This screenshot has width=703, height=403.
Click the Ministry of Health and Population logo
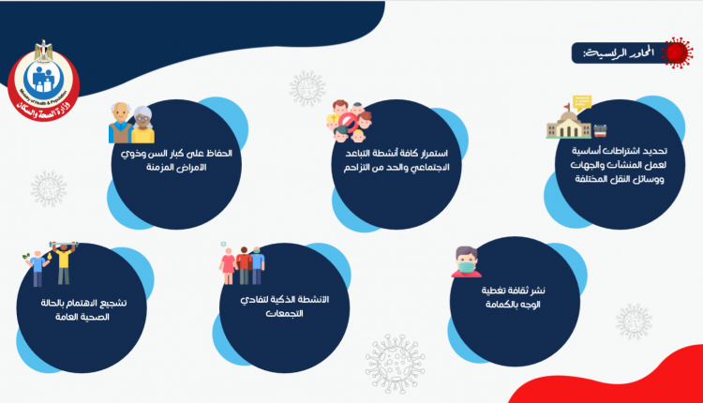click(43, 82)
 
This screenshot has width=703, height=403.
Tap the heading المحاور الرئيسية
click(619, 52)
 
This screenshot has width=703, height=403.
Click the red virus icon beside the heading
click(677, 52)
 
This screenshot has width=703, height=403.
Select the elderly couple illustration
click(131, 123)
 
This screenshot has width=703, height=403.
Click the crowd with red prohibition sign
click(350, 121)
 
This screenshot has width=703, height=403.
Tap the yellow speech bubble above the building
click(582, 103)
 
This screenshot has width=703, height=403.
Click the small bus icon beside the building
click(600, 131)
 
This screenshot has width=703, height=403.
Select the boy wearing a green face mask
click(467, 261)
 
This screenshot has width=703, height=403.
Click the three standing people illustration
click(242, 264)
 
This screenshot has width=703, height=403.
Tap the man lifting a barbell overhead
click(63, 262)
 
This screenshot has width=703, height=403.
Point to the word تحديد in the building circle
click(654, 151)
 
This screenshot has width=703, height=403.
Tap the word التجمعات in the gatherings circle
click(284, 313)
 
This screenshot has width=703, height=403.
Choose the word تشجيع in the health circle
click(113, 303)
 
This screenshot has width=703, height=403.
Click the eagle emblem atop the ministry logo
click(43, 51)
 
